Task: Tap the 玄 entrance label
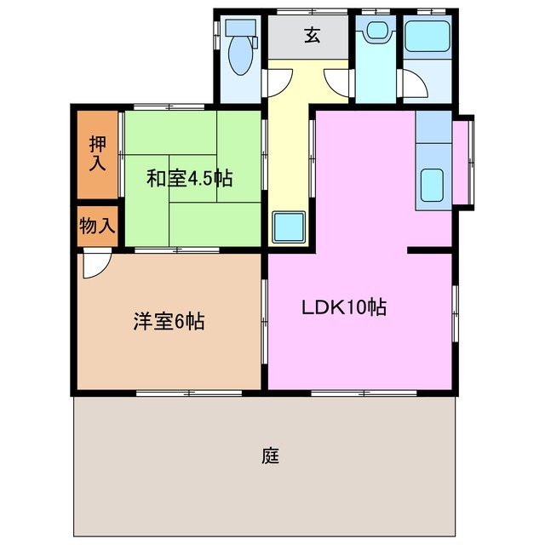[312, 37]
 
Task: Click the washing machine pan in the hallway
[290, 227]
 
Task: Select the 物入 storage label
[96, 226]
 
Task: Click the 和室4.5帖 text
[190, 179]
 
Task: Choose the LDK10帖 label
[344, 307]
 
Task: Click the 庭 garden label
[271, 456]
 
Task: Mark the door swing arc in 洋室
[96, 266]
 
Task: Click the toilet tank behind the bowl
[238, 29]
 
